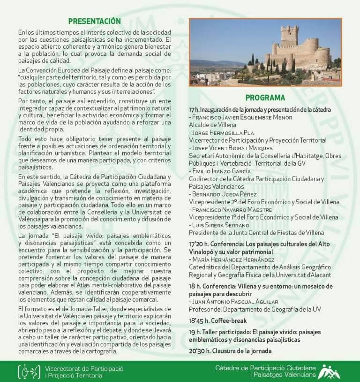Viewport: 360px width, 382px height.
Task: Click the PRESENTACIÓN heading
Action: click(94, 21)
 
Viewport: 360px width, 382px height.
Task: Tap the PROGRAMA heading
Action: click(265, 98)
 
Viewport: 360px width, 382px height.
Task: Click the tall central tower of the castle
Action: click(289, 37)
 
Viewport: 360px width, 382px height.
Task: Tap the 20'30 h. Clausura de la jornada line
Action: click(230, 351)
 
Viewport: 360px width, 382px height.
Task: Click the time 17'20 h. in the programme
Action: click(198, 244)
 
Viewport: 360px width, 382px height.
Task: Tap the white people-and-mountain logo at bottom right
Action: click(330, 371)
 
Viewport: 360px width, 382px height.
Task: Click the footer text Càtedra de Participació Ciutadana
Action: click(265, 367)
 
